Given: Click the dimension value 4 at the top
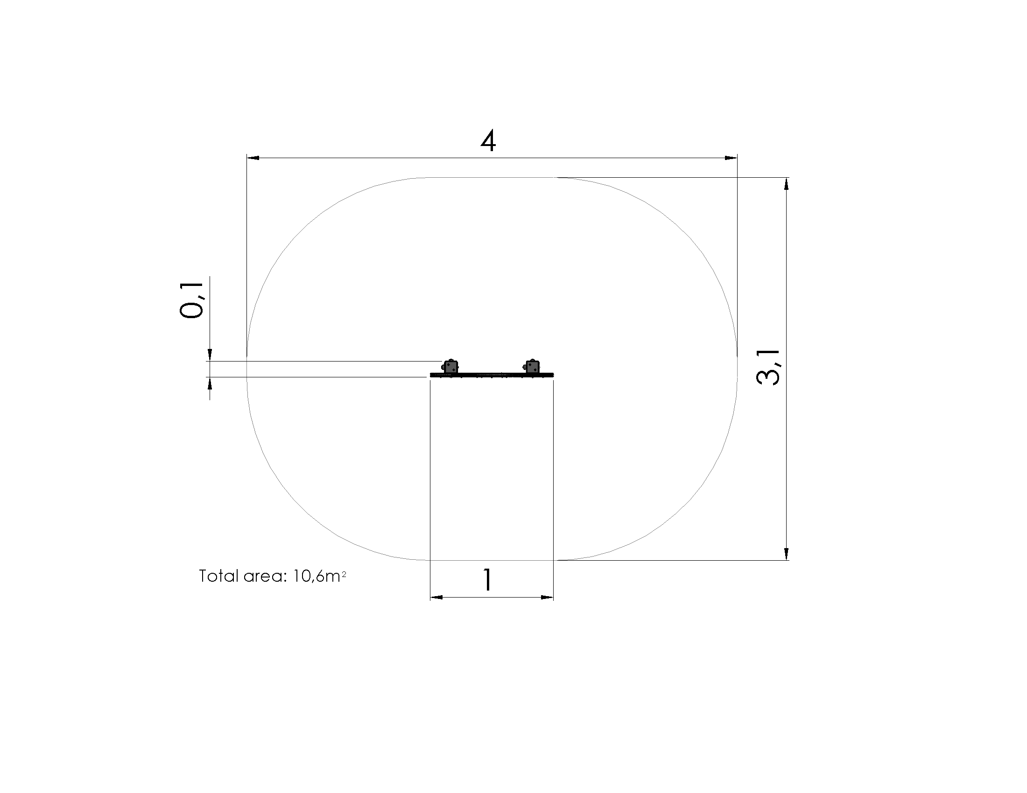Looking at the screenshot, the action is pos(488,141).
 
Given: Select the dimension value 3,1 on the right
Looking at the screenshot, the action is pos(768,368).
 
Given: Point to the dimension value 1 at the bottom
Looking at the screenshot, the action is pos(488,580).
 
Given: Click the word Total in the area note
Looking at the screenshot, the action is pos(219,576).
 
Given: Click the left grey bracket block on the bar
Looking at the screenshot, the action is pos(450,367).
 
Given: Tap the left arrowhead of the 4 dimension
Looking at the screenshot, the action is pos(253,158).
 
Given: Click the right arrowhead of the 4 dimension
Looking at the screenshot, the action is pos(731,158).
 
